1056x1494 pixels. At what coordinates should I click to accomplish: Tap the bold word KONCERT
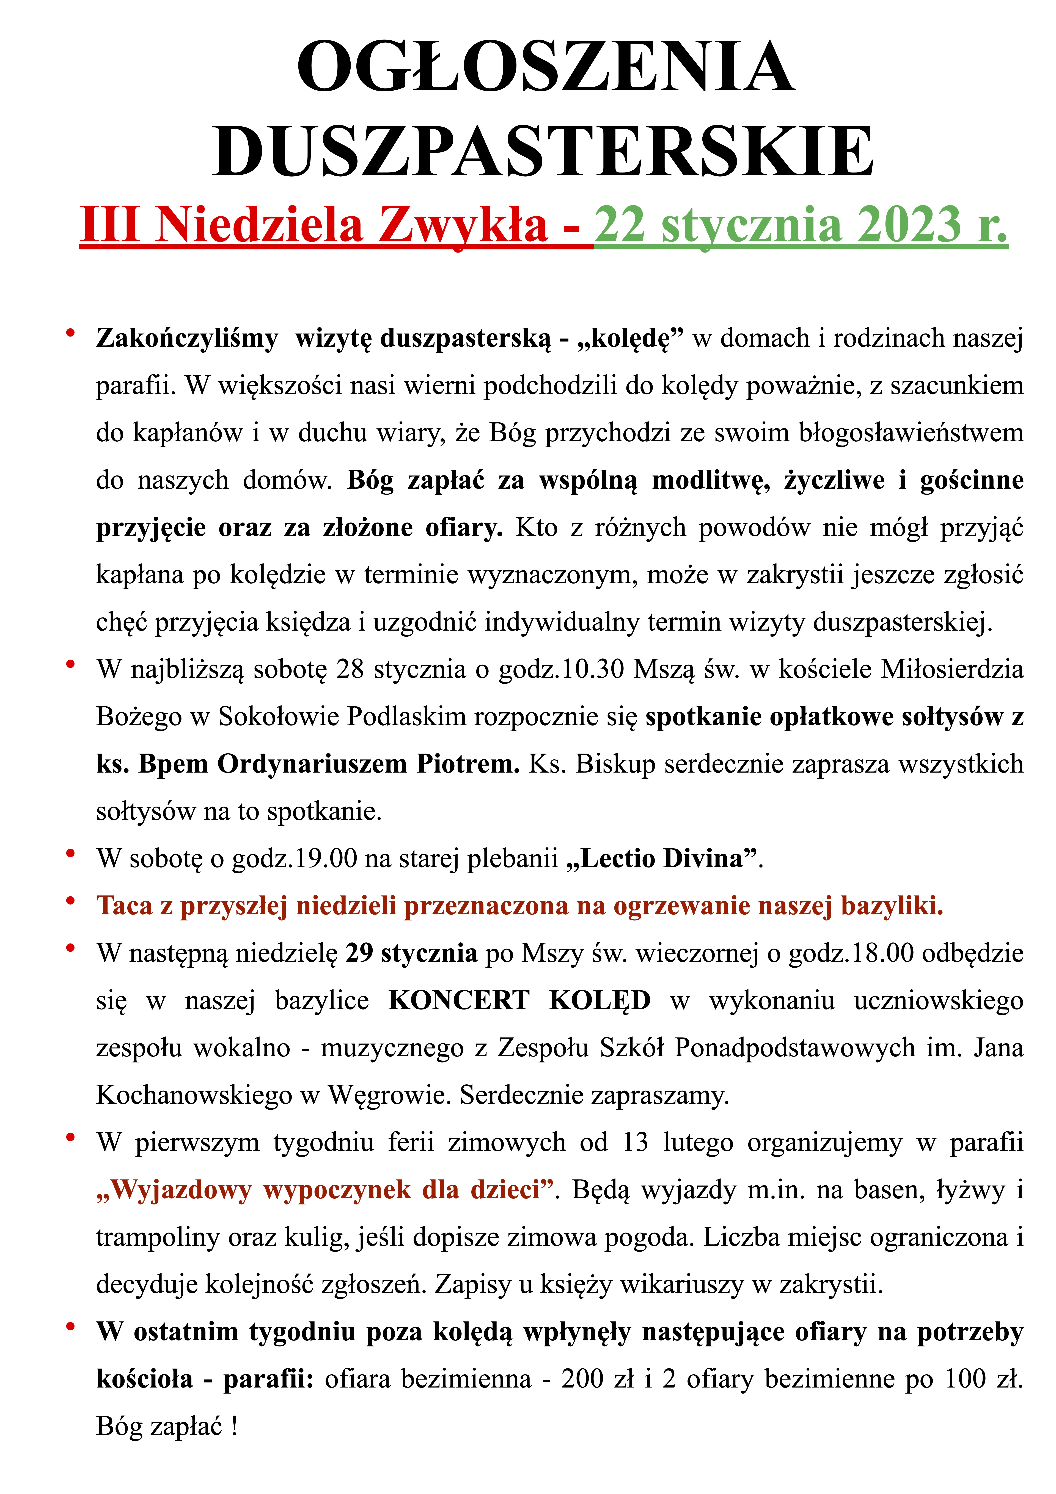[x=459, y=1001]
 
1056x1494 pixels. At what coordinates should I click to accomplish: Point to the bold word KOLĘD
[x=600, y=1001]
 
